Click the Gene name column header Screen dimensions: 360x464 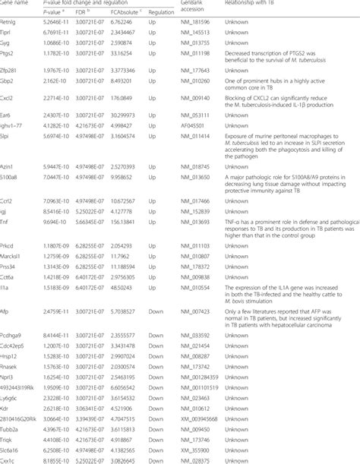point(17,4)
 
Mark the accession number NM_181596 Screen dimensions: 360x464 point(196,24)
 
